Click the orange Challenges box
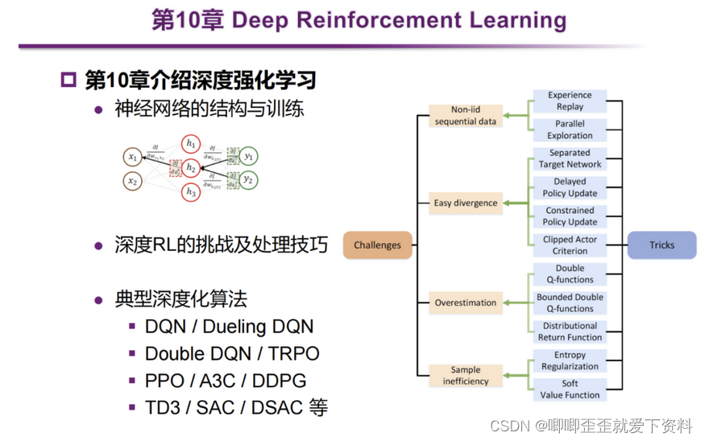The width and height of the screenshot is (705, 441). pyautogui.click(x=377, y=245)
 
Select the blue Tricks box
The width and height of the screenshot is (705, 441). pyautogui.click(x=661, y=245)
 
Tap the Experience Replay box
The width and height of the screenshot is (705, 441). pyautogui.click(x=570, y=101)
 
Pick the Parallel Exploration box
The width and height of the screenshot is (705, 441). pyautogui.click(x=570, y=130)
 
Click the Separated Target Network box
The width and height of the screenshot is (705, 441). pyautogui.click(x=570, y=159)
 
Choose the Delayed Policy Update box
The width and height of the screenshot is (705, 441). pyautogui.click(x=570, y=188)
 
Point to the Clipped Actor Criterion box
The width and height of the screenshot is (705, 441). pyautogui.click(x=570, y=245)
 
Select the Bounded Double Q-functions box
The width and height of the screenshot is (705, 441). pyautogui.click(x=570, y=303)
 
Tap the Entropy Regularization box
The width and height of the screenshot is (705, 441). pyautogui.click(x=570, y=361)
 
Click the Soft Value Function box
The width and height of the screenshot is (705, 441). pyautogui.click(x=570, y=389)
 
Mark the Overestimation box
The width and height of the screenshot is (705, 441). pyautogui.click(x=466, y=303)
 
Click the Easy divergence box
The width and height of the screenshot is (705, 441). pyautogui.click(x=466, y=203)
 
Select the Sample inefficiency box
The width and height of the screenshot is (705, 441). pyautogui.click(x=466, y=375)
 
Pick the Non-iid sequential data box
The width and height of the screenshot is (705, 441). pyautogui.click(x=466, y=116)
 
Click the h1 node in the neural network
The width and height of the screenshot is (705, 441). pyautogui.click(x=191, y=143)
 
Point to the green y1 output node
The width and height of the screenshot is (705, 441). pyautogui.click(x=249, y=157)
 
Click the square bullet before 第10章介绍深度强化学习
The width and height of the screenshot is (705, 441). pyautogui.click(x=68, y=80)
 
